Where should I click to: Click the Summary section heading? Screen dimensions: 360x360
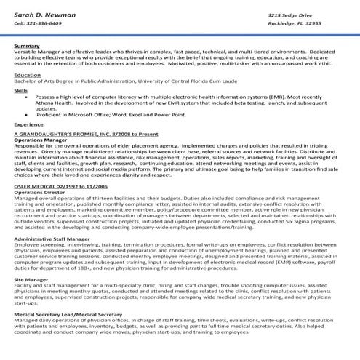tap(26, 46)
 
